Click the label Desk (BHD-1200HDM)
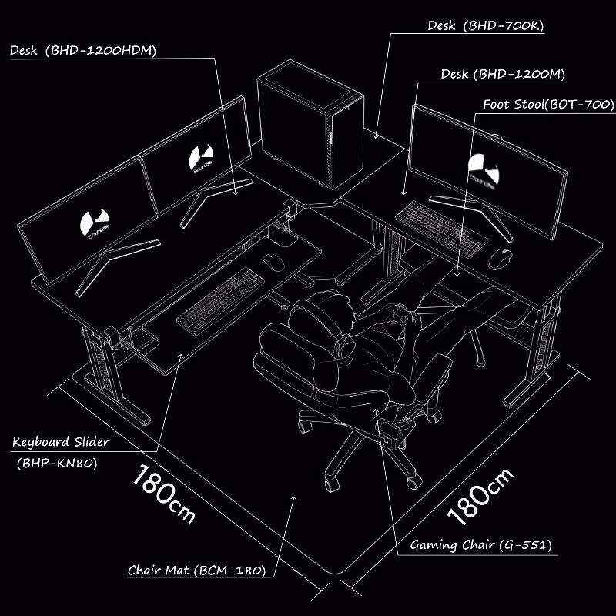pos(83,50)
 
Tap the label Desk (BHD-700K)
pos(486,26)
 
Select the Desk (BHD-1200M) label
pos(503,74)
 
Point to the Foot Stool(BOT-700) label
pos(548,105)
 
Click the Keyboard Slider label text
pos(61,442)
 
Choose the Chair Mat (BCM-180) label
pos(197,570)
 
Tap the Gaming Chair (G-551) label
pos(480,545)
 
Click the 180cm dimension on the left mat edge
pos(163,494)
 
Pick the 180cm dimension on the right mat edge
pos(480,497)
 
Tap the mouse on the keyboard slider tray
pos(273,262)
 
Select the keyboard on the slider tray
pos(221,301)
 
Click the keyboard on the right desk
pos(440,229)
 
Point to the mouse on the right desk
pos(500,259)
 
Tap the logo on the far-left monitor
pos(94,223)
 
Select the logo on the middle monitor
pos(201,159)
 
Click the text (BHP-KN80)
pos(57,464)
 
